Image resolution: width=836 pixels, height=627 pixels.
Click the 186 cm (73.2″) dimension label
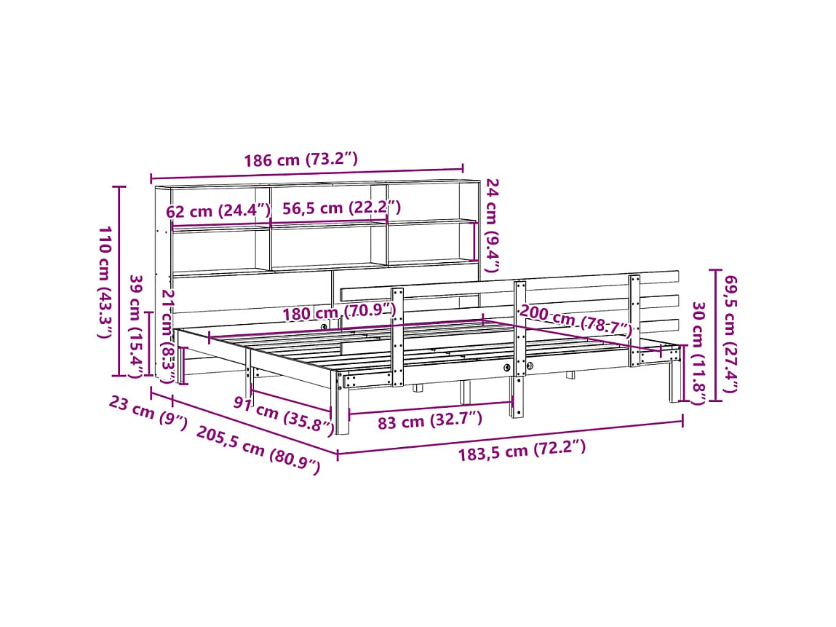tap(300, 159)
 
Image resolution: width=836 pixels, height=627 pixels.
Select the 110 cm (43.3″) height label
tap(105, 281)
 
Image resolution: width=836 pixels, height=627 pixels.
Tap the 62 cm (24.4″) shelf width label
tap(218, 211)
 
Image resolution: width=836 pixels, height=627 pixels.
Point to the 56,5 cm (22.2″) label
tap(341, 208)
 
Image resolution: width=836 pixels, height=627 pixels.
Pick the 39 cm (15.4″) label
tap(136, 326)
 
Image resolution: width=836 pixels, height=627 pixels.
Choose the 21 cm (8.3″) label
tap(167, 335)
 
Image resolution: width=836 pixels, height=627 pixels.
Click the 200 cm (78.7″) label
tap(575, 322)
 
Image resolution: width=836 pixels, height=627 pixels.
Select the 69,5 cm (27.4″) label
tap(730, 331)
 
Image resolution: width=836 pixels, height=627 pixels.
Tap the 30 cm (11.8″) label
tap(698, 352)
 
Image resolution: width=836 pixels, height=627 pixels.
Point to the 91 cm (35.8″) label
tap(283, 415)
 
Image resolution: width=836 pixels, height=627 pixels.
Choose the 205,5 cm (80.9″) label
tap(258, 450)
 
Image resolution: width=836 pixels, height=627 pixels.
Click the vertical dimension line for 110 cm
tap(120, 281)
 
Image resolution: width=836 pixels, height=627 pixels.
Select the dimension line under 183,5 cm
tap(509, 438)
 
